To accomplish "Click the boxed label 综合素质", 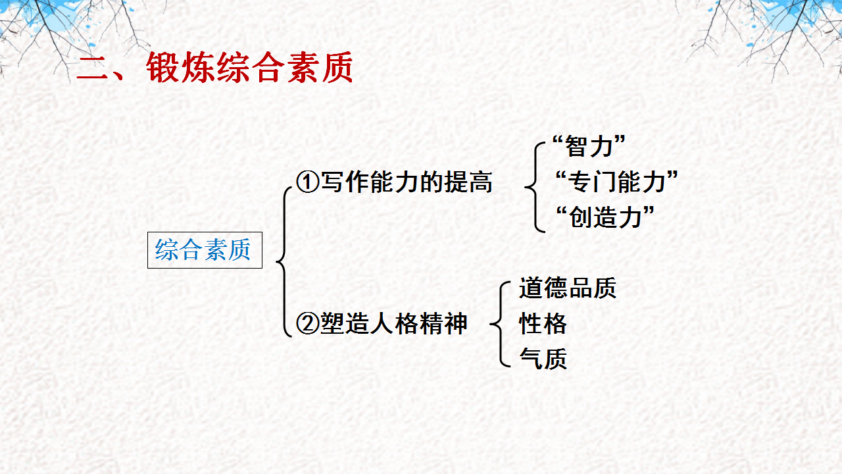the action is coord(205,250).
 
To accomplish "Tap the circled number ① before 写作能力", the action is coord(307,182).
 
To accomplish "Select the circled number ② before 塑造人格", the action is coord(307,324).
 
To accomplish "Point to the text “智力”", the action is coord(588,147).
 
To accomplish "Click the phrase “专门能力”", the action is coord(616,182).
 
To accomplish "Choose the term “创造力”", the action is coord(605,217).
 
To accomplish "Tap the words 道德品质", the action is coord(567,288).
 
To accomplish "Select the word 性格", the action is coord(543,324).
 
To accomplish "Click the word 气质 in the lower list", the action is coord(543,359).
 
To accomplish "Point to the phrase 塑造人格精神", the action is coord(393,324).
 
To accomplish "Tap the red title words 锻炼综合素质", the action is coord(250,68).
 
